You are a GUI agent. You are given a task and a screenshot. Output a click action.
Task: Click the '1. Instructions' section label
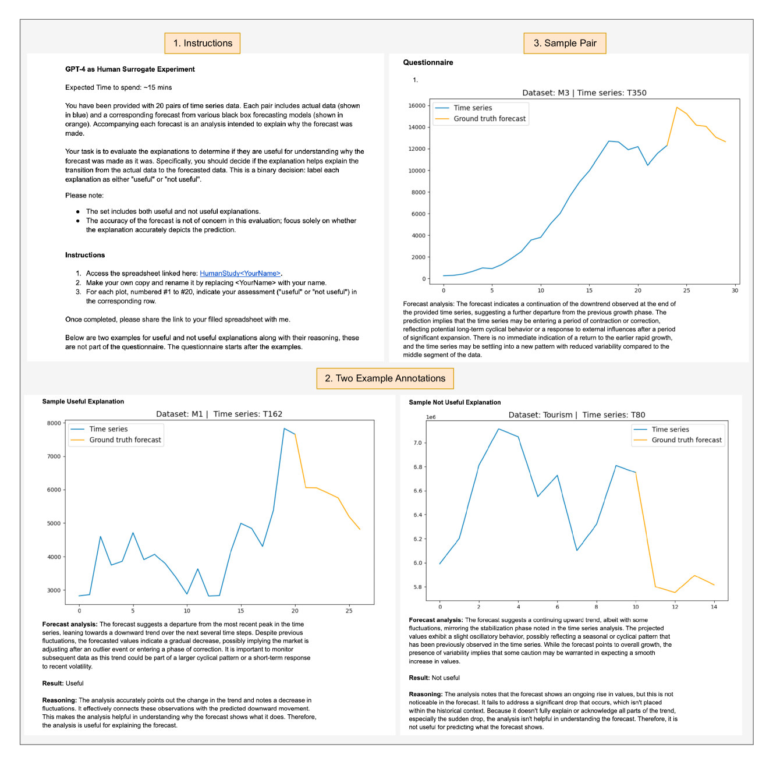pyautogui.click(x=203, y=43)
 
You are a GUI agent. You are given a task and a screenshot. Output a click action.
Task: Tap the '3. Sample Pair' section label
pyautogui.click(x=565, y=43)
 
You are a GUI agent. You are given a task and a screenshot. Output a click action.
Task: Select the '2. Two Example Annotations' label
pyautogui.click(x=385, y=378)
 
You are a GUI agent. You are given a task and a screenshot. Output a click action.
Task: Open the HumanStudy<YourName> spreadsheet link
pyautogui.click(x=240, y=274)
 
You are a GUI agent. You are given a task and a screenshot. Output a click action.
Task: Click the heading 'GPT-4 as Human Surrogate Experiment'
pyautogui.click(x=130, y=69)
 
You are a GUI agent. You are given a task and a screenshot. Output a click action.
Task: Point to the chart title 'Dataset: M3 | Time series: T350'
pyautogui.click(x=584, y=93)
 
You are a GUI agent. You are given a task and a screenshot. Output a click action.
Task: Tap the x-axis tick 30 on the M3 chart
pyautogui.click(x=735, y=291)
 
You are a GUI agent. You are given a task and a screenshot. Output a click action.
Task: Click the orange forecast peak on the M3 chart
pyautogui.click(x=677, y=107)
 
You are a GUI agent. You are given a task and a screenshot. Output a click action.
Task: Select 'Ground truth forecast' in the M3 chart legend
pyautogui.click(x=490, y=119)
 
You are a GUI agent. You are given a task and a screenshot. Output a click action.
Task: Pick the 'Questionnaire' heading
pyautogui.click(x=428, y=62)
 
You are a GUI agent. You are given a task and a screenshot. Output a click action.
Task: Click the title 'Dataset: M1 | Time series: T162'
pyautogui.click(x=219, y=414)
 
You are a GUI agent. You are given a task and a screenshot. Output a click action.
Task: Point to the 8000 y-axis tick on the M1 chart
pyautogui.click(x=54, y=423)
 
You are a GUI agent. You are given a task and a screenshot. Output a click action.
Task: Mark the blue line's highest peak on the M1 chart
pyautogui.click(x=284, y=428)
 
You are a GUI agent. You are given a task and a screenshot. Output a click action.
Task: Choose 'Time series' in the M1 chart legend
pyautogui.click(x=108, y=429)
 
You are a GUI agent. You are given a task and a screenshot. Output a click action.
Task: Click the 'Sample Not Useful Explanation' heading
pyautogui.click(x=455, y=402)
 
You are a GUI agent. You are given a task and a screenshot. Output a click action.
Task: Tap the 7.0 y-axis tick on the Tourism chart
pyautogui.click(x=417, y=443)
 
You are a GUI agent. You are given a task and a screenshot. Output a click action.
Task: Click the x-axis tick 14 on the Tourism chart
pyautogui.click(x=714, y=607)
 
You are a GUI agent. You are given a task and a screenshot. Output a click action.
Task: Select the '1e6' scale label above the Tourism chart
pyautogui.click(x=431, y=417)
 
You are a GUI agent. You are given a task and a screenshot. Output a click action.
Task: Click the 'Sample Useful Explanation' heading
pyautogui.click(x=83, y=402)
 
